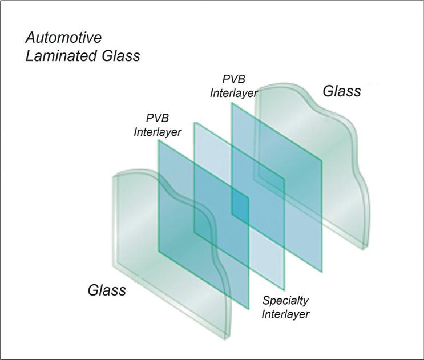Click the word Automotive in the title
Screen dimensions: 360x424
[64, 39]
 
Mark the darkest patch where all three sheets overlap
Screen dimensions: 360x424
[240, 206]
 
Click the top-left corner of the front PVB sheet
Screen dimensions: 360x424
[158, 140]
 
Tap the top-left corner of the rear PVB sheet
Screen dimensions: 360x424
[231, 103]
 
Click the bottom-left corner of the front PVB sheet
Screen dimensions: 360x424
[159, 253]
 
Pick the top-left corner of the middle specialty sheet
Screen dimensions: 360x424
[195, 122]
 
